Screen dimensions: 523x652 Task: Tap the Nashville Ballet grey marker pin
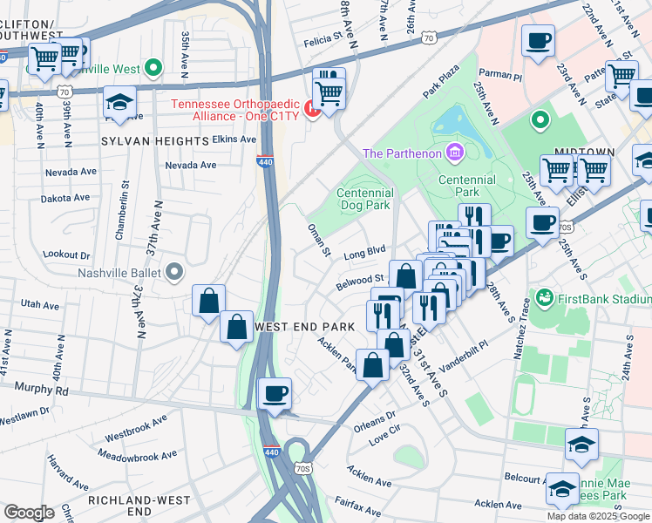click(x=174, y=273)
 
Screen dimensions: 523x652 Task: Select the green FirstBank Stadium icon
click(x=546, y=298)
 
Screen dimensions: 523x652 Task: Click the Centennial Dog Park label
click(x=365, y=200)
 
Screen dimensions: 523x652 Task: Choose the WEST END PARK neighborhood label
click(x=304, y=326)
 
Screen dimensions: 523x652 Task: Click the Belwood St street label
click(x=360, y=282)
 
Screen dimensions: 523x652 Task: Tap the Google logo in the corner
click(x=29, y=513)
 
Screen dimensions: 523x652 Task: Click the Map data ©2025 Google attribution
click(x=598, y=516)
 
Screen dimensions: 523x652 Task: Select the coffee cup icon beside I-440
click(x=275, y=395)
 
